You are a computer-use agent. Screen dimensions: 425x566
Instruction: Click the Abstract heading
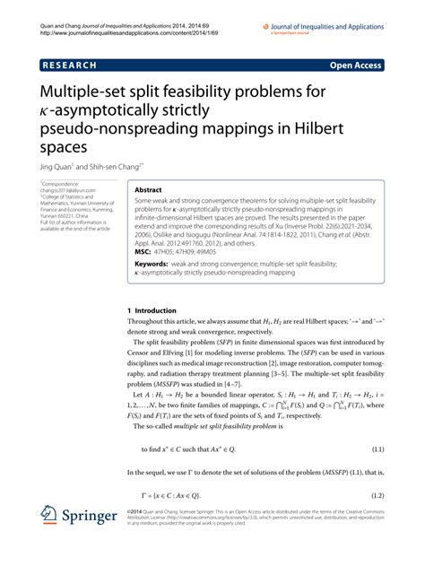(148, 191)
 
